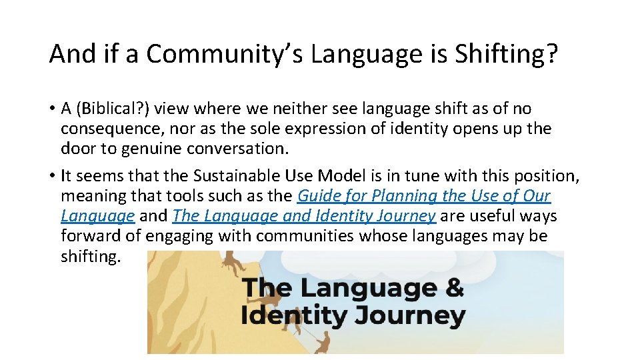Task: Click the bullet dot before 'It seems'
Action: pyautogui.click(x=52, y=177)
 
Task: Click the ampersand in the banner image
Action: pyautogui.click(x=453, y=289)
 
